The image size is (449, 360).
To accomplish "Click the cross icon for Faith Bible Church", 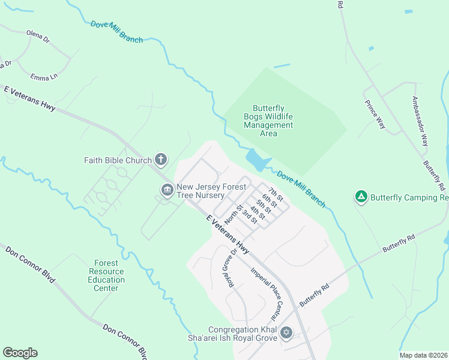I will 160,159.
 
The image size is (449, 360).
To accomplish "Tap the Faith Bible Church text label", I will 118,160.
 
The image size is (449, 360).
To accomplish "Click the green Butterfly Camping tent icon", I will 361,196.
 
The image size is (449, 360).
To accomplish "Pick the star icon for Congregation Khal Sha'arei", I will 286,332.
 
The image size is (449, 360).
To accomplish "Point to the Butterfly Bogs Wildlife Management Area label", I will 268,121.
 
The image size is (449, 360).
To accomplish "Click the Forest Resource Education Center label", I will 106,275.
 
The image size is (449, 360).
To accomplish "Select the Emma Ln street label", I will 44,77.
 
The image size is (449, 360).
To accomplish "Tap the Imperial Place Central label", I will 267,292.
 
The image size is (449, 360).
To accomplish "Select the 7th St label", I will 276,194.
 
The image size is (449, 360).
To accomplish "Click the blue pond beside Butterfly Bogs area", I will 258,160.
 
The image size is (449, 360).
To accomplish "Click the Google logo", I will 20,353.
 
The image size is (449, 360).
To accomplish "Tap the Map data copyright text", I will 423,355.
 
